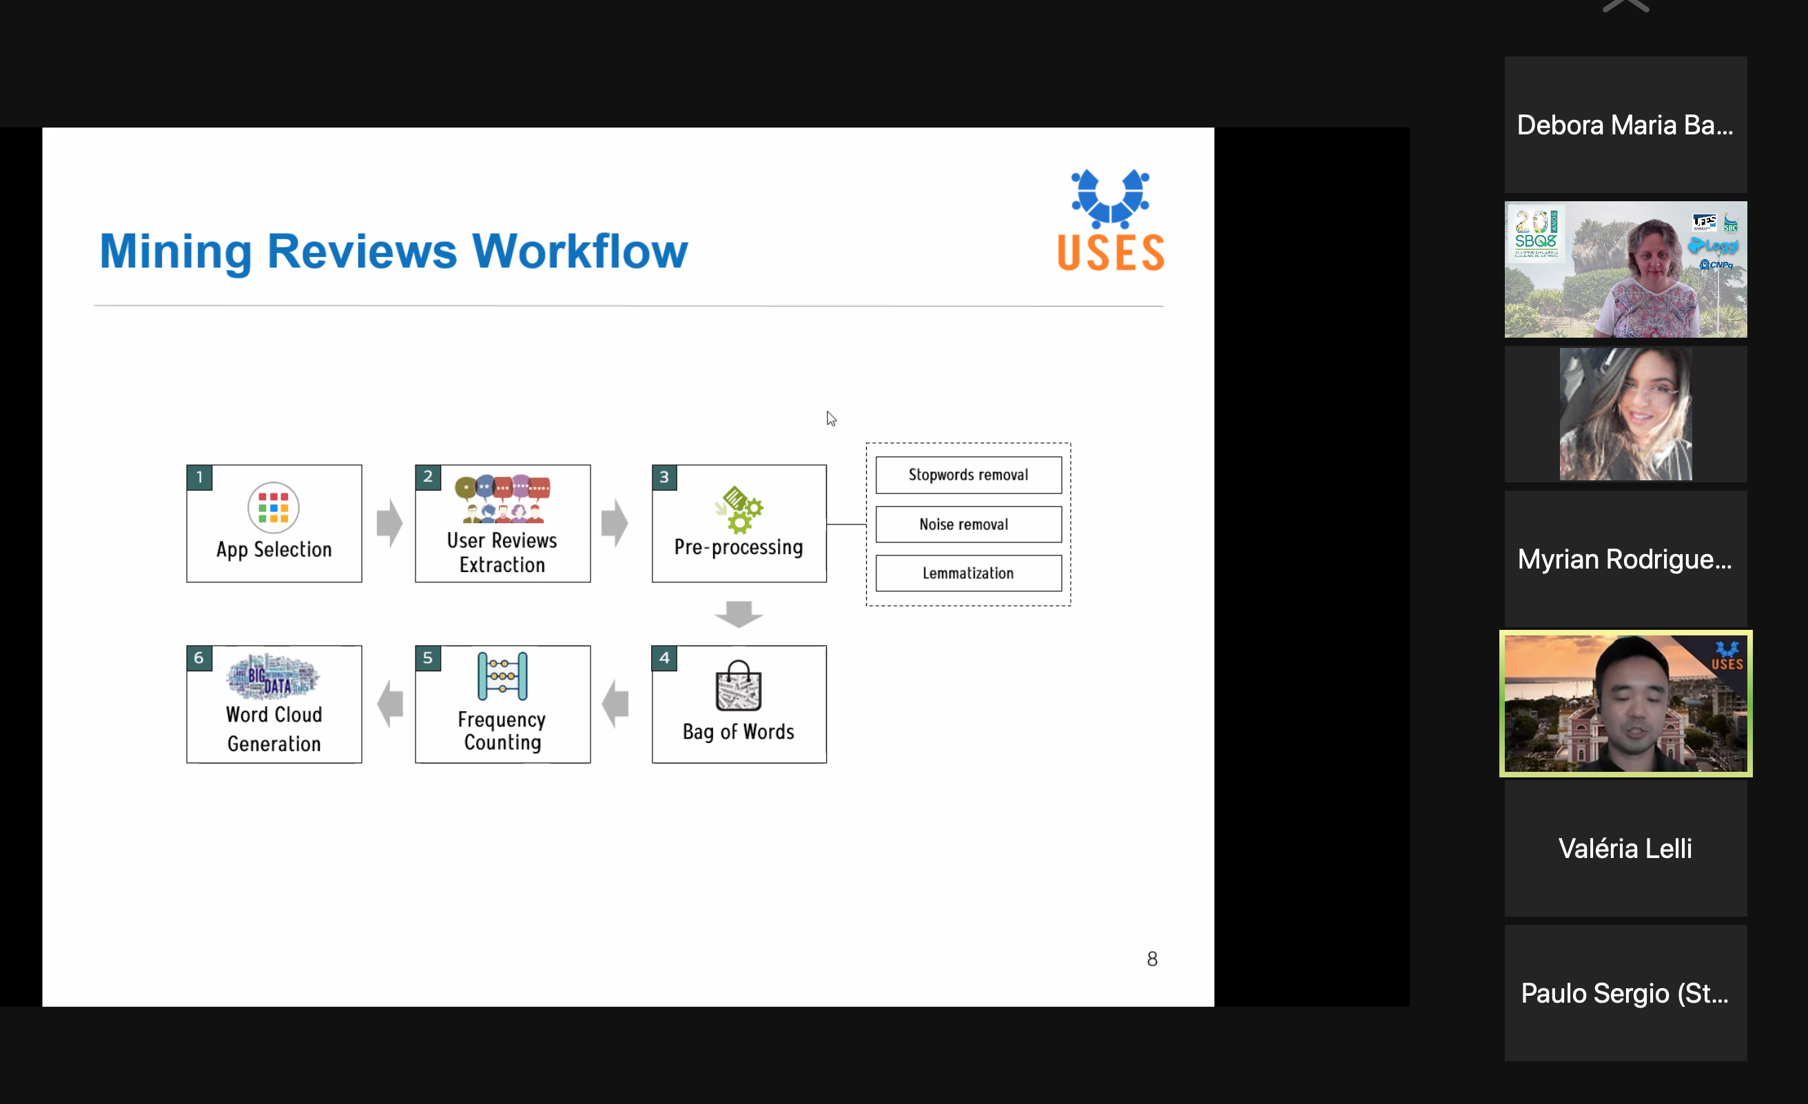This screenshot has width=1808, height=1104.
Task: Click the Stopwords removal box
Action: pos(968,475)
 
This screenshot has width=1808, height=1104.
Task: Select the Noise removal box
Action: pos(968,524)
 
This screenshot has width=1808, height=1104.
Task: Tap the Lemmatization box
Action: pos(968,573)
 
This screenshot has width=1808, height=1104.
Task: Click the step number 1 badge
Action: pos(200,477)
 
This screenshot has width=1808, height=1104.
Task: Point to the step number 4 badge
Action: pos(664,657)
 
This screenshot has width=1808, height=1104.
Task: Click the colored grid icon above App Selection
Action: pos(274,507)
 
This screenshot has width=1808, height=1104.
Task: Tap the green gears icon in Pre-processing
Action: pos(739,509)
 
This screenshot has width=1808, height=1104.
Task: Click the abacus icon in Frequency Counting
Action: pos(502,676)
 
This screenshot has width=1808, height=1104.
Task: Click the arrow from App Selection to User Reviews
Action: pos(389,523)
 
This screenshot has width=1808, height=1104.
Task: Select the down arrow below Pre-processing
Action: pos(739,613)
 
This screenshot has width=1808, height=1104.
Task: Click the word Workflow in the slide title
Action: pos(579,251)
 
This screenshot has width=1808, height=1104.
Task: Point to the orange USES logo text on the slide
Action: pos(1111,253)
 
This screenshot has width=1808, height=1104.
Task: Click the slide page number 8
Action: pos(1152,959)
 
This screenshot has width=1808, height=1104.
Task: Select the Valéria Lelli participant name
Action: pos(1625,848)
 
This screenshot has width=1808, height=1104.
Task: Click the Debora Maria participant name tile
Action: pos(1625,125)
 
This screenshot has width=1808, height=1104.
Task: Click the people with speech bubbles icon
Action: pos(502,498)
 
